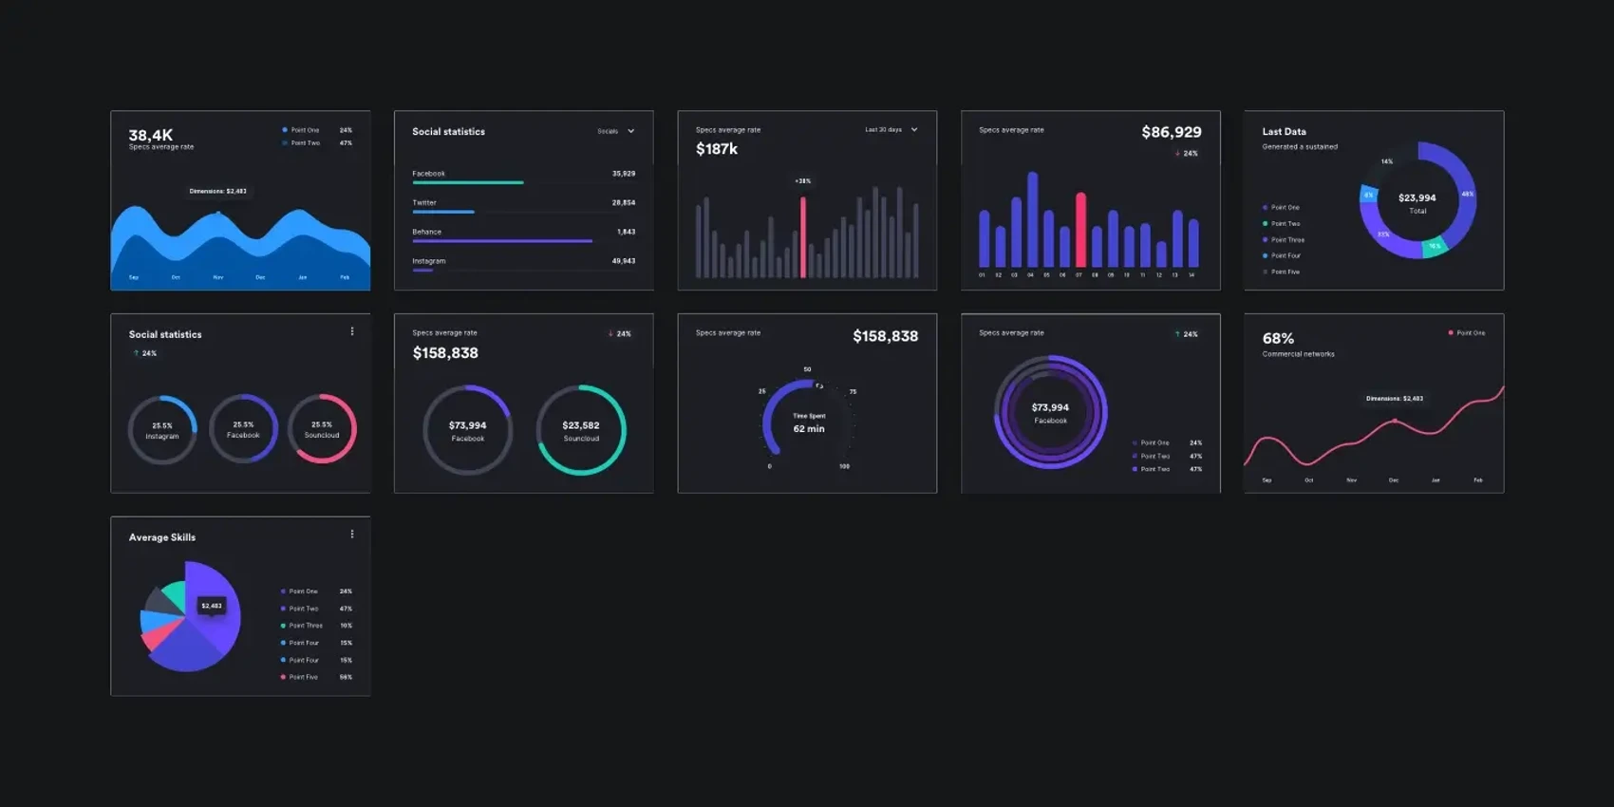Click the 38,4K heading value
[150, 135]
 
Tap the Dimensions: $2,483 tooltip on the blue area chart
[217, 191]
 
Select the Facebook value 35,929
[623, 174]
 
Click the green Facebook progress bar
[467, 182]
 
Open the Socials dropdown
[615, 131]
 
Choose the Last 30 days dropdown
[891, 130]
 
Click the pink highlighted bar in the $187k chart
[803, 237]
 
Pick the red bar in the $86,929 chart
[1080, 230]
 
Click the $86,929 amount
[1171, 132]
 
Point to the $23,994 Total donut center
[1417, 202]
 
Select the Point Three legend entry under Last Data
[1286, 240]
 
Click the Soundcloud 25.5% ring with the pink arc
[322, 429]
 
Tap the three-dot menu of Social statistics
[352, 331]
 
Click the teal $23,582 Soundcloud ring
[580, 430]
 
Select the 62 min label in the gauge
[809, 429]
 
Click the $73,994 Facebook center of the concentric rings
[1050, 412]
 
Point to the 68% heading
[1278, 338]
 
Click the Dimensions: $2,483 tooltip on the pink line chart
[1394, 399]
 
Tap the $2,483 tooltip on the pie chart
[212, 606]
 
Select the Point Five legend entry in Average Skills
[304, 677]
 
